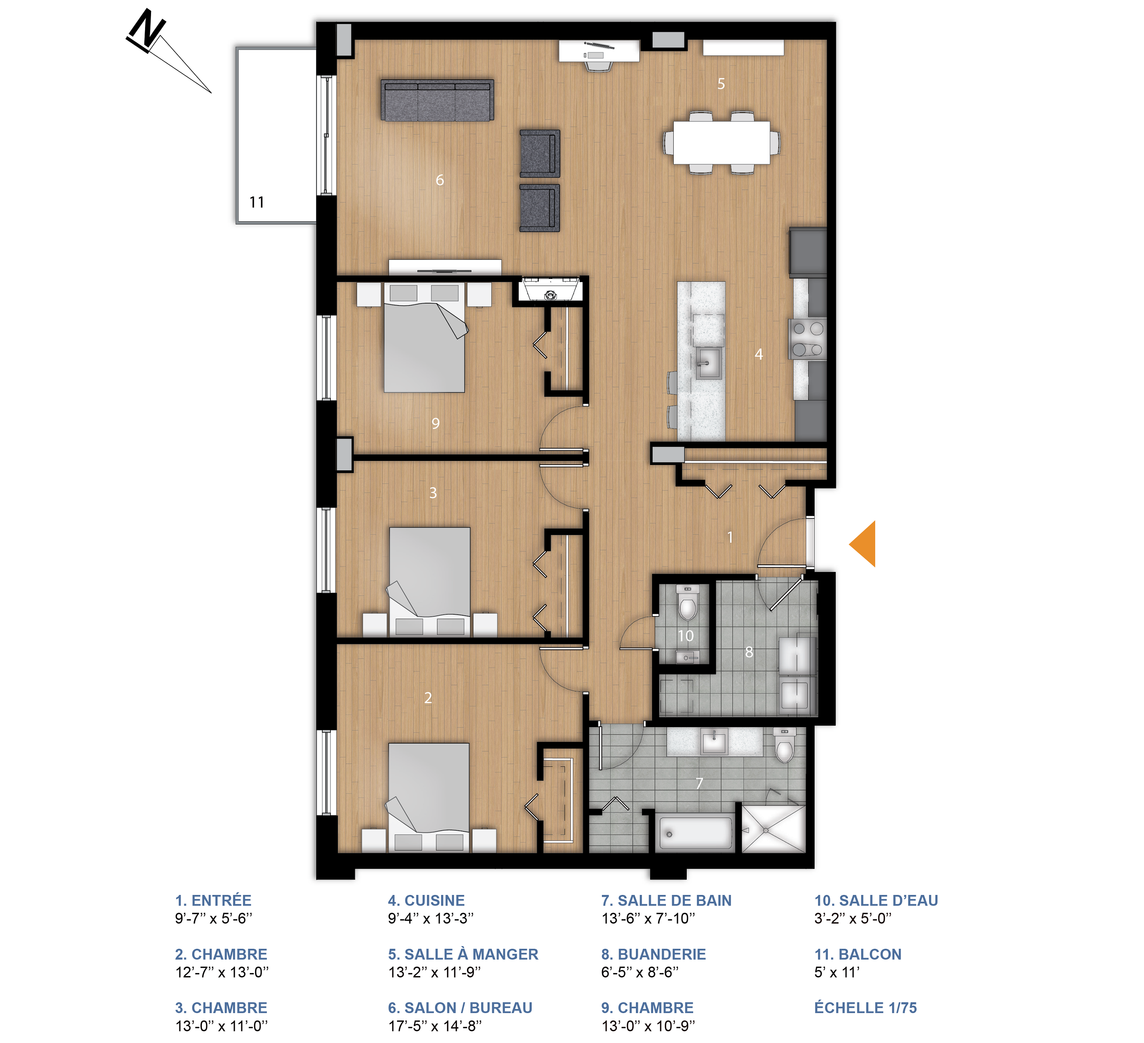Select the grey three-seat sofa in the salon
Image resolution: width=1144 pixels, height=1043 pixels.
tap(437, 101)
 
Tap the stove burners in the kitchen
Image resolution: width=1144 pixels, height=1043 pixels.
tap(808, 339)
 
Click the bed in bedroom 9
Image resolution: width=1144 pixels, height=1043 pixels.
tap(424, 341)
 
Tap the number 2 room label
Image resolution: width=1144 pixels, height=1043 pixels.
tap(428, 698)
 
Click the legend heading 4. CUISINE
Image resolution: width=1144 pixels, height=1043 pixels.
tap(426, 901)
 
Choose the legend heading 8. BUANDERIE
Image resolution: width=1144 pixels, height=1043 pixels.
tap(653, 954)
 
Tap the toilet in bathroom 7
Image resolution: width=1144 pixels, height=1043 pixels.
tap(784, 748)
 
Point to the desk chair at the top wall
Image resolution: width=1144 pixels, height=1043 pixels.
tap(599, 66)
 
